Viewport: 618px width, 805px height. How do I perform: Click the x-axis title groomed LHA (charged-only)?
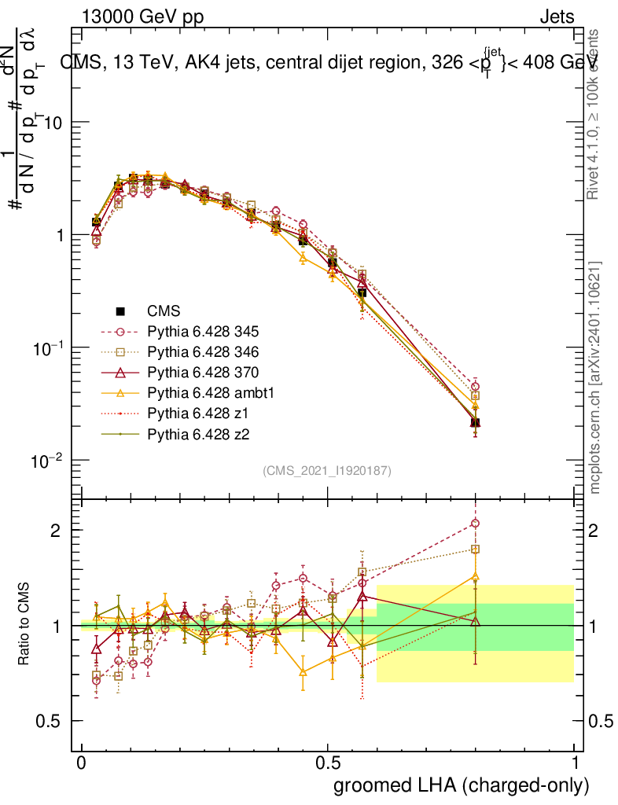pos(462,785)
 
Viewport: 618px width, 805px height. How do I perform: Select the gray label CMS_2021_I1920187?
pos(327,470)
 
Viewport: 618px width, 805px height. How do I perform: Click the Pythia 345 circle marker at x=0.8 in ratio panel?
pos(475,524)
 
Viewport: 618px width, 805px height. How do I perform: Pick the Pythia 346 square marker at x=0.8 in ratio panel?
pos(475,550)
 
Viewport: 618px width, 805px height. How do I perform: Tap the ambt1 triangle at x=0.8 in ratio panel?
pos(475,576)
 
